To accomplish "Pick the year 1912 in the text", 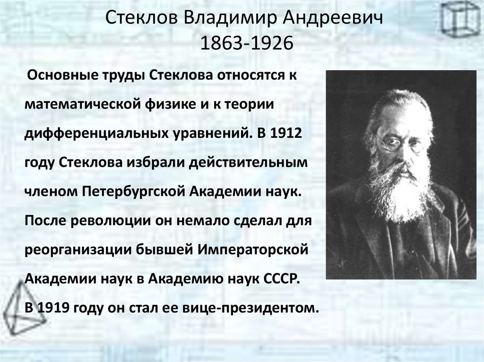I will pyautogui.click(x=286, y=133).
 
